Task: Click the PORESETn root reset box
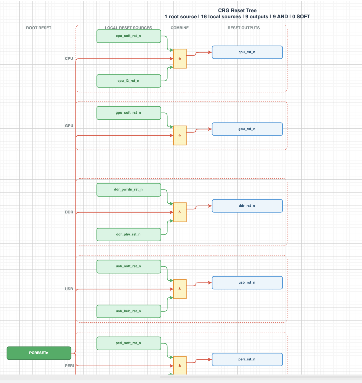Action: point(39,353)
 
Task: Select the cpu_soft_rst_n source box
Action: point(129,36)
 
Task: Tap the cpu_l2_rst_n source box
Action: point(129,81)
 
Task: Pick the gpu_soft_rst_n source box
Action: point(129,113)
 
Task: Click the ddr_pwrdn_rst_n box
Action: point(129,190)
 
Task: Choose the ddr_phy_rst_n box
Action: point(129,234)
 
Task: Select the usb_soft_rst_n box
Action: point(129,266)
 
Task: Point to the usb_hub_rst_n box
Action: point(129,311)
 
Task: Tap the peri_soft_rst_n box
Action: point(129,343)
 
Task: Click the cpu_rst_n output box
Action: point(247,52)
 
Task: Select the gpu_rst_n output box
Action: point(247,129)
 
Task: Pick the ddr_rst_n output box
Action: point(247,206)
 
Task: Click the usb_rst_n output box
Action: point(247,283)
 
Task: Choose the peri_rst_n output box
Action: point(247,359)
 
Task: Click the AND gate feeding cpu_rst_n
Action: point(180,59)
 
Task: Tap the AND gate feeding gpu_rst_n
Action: point(180,135)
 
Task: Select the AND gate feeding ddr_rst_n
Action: point(180,212)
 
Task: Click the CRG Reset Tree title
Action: point(237,10)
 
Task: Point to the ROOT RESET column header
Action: point(39,28)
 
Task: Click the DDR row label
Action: point(69,212)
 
